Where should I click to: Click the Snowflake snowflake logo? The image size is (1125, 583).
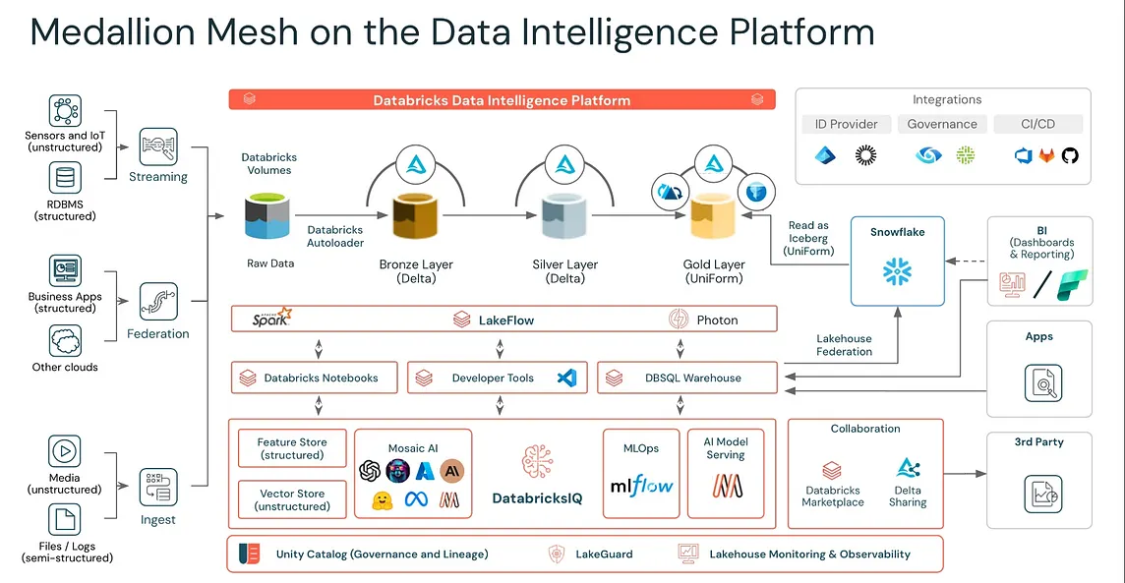tap(897, 270)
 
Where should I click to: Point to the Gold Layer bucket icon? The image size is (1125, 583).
tap(713, 219)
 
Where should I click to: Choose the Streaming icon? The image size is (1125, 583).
tap(158, 146)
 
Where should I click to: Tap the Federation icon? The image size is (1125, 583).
tap(158, 302)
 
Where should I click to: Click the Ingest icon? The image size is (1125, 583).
tap(158, 488)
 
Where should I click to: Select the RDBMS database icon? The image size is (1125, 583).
tap(66, 178)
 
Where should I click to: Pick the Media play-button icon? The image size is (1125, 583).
tap(64, 451)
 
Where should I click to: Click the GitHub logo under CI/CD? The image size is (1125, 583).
tap(1070, 155)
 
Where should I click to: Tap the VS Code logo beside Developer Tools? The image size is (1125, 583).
tap(565, 378)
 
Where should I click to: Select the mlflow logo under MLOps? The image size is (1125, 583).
tap(640, 485)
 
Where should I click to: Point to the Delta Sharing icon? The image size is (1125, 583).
tap(907, 468)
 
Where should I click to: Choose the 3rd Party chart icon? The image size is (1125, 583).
tap(1039, 492)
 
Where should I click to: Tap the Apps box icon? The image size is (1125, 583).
tap(1039, 381)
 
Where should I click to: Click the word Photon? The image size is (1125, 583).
tap(717, 320)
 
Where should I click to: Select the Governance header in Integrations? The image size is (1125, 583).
tap(942, 124)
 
